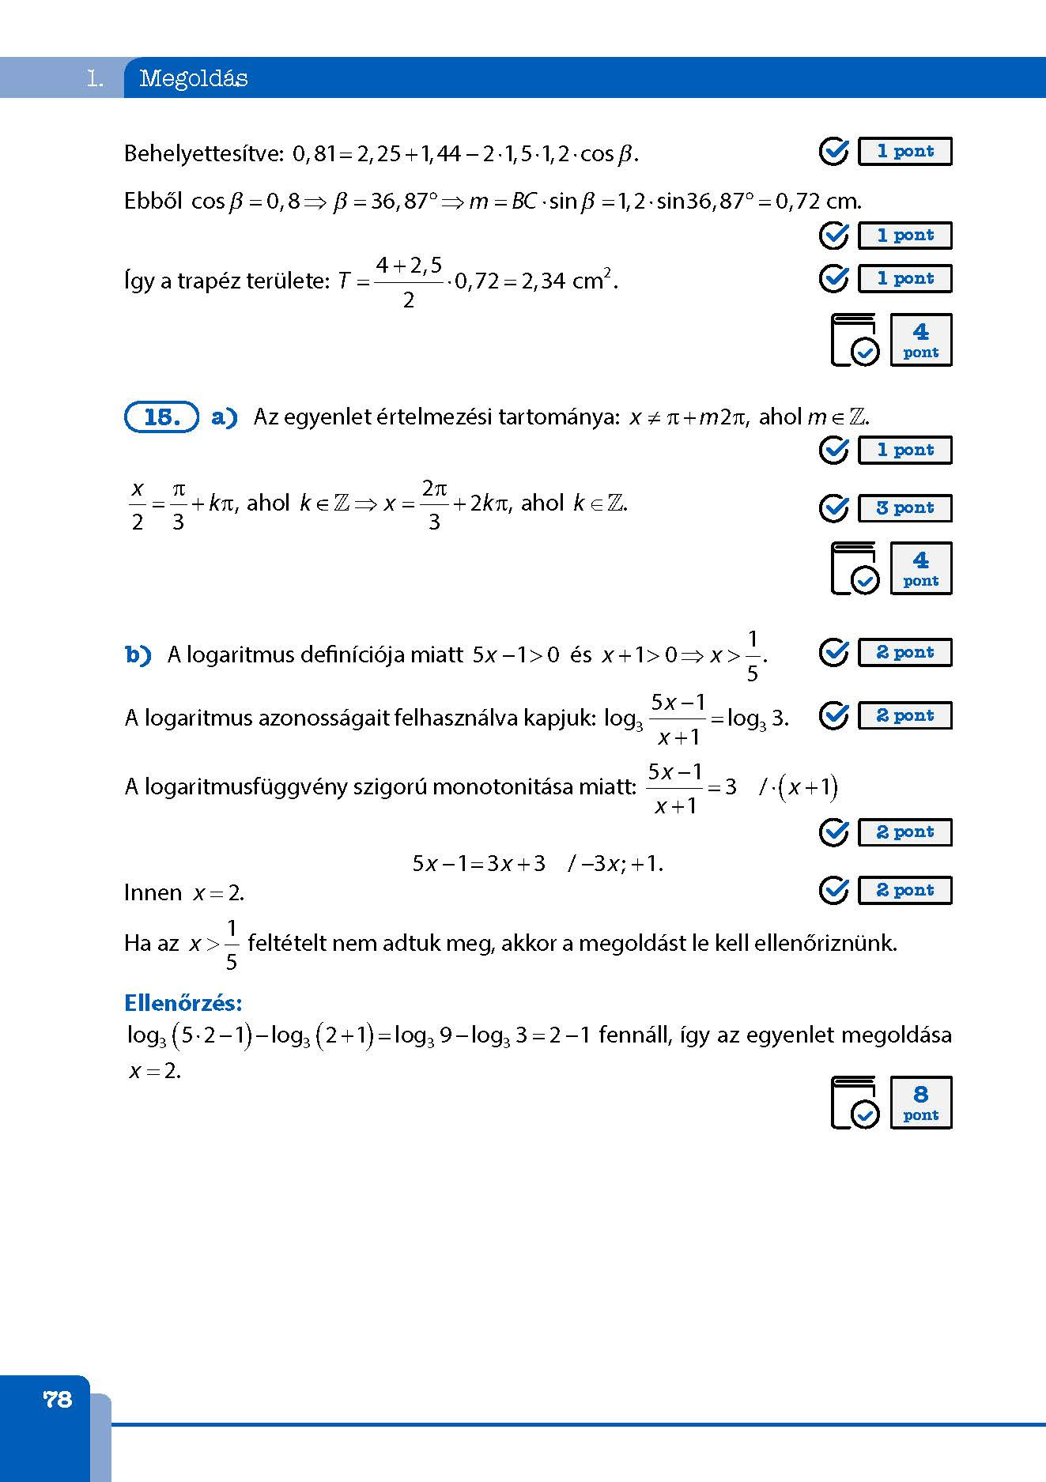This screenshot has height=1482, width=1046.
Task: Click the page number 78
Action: pyautogui.click(x=58, y=1399)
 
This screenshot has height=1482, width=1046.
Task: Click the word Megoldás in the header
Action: pyautogui.click(x=194, y=78)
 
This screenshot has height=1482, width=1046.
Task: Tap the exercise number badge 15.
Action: pyautogui.click(x=161, y=417)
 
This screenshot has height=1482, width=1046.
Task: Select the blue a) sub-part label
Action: pyautogui.click(x=225, y=417)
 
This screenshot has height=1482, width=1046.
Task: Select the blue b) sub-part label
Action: pyautogui.click(x=138, y=654)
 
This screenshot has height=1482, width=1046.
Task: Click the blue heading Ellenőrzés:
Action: pyautogui.click(x=183, y=1003)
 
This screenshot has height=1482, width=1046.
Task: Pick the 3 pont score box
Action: pyautogui.click(x=904, y=508)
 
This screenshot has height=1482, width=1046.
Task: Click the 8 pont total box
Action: pyautogui.click(x=920, y=1103)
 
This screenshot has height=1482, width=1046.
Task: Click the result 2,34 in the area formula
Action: pyautogui.click(x=545, y=281)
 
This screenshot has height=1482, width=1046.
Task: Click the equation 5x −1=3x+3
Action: pyautogui.click(x=479, y=863)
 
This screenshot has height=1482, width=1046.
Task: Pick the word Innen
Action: pyautogui.click(x=153, y=893)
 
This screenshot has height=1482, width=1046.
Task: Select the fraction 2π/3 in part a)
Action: pyautogui.click(x=434, y=504)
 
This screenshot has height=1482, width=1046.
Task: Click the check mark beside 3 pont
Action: pyautogui.click(x=833, y=508)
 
